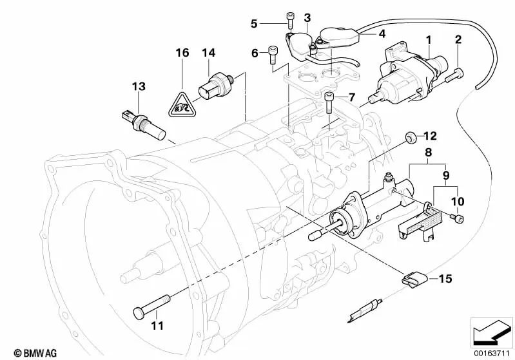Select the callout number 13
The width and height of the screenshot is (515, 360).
click(x=139, y=86)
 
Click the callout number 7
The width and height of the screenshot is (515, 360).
click(x=351, y=97)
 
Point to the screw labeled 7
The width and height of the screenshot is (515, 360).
click(x=330, y=101)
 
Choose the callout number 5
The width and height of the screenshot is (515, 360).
click(x=254, y=24)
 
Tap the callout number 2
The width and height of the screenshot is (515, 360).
click(x=458, y=40)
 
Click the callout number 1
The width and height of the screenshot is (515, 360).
click(x=427, y=40)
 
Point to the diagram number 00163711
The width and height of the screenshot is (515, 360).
click(x=492, y=352)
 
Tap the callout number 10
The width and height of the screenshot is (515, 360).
click(x=458, y=202)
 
